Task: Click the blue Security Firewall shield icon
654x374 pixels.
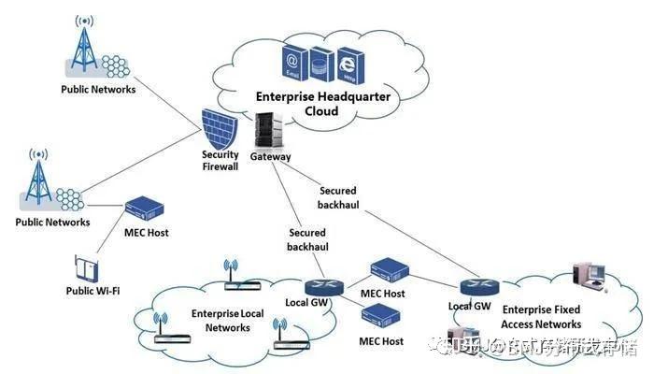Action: (x=221, y=129)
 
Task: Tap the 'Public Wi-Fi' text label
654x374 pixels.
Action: (x=91, y=291)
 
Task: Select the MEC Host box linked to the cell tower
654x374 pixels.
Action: (x=145, y=207)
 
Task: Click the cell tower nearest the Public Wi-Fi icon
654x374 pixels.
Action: (x=38, y=182)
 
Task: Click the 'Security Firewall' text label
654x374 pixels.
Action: (x=220, y=161)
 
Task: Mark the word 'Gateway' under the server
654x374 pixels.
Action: (x=270, y=157)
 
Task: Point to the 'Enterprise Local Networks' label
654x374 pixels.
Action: (x=227, y=321)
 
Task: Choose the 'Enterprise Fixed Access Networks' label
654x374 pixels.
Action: (x=541, y=317)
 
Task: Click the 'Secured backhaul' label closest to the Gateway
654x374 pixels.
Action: (x=337, y=196)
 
